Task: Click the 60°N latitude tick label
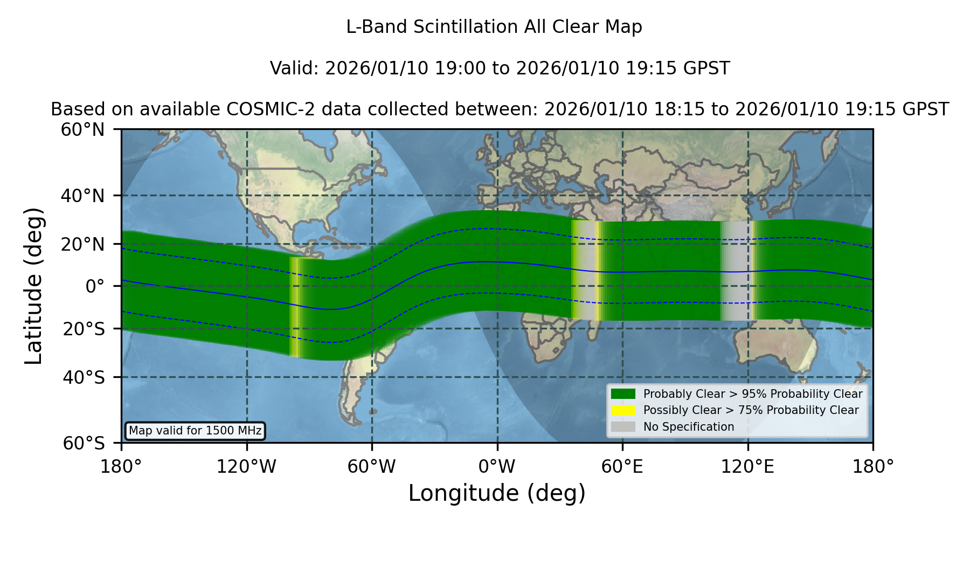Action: pyautogui.click(x=82, y=130)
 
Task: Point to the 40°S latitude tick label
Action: pyautogui.click(x=84, y=377)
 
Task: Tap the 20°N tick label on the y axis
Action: pyautogui.click(x=82, y=244)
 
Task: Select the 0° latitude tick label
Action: pyautogui.click(x=95, y=286)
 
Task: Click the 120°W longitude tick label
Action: pyautogui.click(x=246, y=466)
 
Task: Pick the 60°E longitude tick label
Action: pyautogui.click(x=622, y=466)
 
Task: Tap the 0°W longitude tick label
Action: pyautogui.click(x=497, y=466)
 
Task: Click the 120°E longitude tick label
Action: pyautogui.click(x=747, y=466)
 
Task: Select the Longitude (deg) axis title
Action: pyautogui.click(x=497, y=493)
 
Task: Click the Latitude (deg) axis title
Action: pyautogui.click(x=33, y=286)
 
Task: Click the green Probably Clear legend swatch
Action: pyautogui.click(x=623, y=394)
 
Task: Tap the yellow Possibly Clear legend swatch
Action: pyautogui.click(x=623, y=410)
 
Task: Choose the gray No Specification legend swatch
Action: pyautogui.click(x=623, y=427)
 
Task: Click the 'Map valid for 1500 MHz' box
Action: pyautogui.click(x=195, y=431)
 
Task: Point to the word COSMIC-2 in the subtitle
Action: pyautogui.click(x=262, y=109)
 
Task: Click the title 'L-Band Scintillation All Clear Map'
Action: pyautogui.click(x=494, y=27)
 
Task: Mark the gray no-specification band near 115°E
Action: pyautogui.click(x=735, y=271)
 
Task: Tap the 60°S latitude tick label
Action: pyautogui.click(x=84, y=444)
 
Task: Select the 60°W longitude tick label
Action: pyautogui.click(x=371, y=466)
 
